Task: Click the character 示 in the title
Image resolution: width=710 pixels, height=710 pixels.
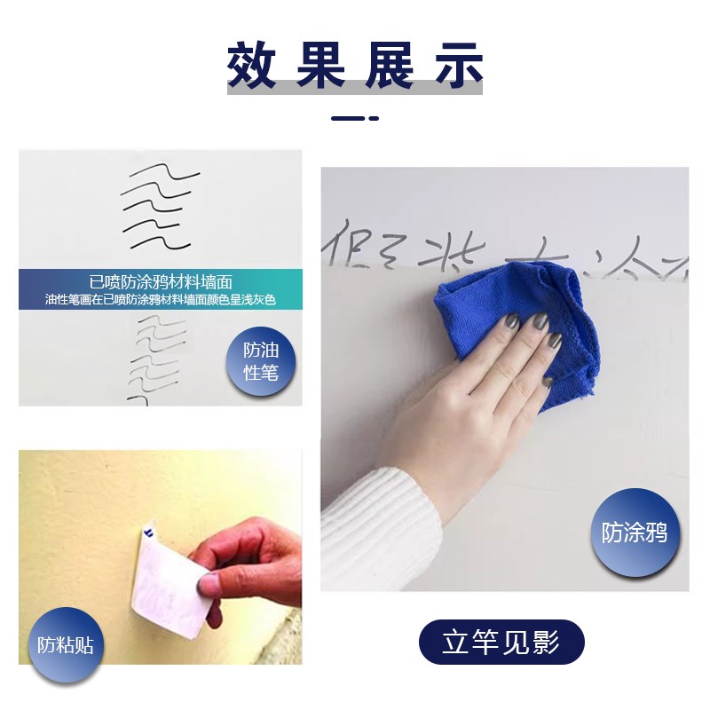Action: click(x=455, y=65)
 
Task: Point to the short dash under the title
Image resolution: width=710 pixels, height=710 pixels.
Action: click(x=354, y=117)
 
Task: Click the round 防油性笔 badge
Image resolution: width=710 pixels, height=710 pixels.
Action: click(x=260, y=361)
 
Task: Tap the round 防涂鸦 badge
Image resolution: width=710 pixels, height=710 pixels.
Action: click(x=634, y=532)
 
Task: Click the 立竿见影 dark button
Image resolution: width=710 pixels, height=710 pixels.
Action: click(x=501, y=642)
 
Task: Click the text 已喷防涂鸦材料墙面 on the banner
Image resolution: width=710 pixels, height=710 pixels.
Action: click(x=160, y=282)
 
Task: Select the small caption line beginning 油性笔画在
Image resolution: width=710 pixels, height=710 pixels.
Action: click(x=160, y=300)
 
